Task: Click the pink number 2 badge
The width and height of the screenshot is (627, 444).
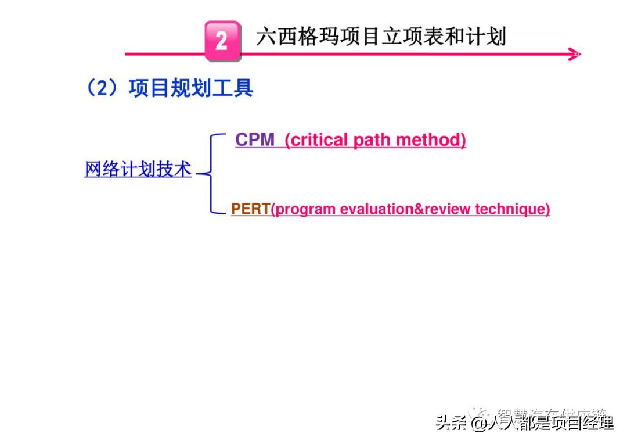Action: click(222, 41)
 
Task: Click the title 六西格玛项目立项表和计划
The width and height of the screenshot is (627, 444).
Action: click(381, 37)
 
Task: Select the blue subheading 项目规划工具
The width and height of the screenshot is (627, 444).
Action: click(191, 88)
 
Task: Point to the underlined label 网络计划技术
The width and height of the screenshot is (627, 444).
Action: click(138, 169)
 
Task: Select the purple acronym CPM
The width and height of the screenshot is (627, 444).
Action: click(255, 140)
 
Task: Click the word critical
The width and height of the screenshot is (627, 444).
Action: click(316, 140)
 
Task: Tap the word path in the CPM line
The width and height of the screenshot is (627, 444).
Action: click(373, 140)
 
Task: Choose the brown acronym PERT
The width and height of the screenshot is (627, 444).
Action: click(250, 209)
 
